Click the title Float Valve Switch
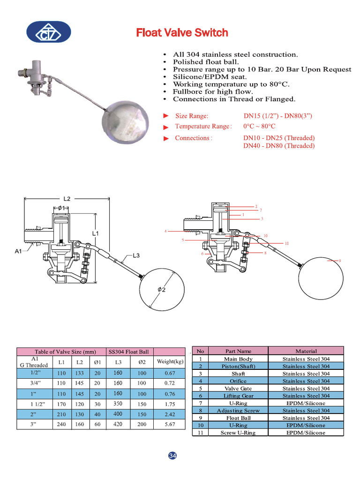point(182,32)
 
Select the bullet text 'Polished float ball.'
point(206,62)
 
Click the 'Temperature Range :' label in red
point(203,126)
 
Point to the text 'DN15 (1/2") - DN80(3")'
point(277,116)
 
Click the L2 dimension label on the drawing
point(67,199)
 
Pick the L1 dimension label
point(96,233)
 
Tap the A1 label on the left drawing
point(18,251)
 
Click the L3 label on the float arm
point(136,255)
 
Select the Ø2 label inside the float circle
point(161,290)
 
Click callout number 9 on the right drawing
point(339,261)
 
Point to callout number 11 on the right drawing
point(286,243)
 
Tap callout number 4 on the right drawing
point(166,231)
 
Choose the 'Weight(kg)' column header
point(170,362)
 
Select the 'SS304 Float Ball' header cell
point(128,352)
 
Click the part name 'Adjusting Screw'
point(238,411)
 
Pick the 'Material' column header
point(306,351)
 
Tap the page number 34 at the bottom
point(172,456)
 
